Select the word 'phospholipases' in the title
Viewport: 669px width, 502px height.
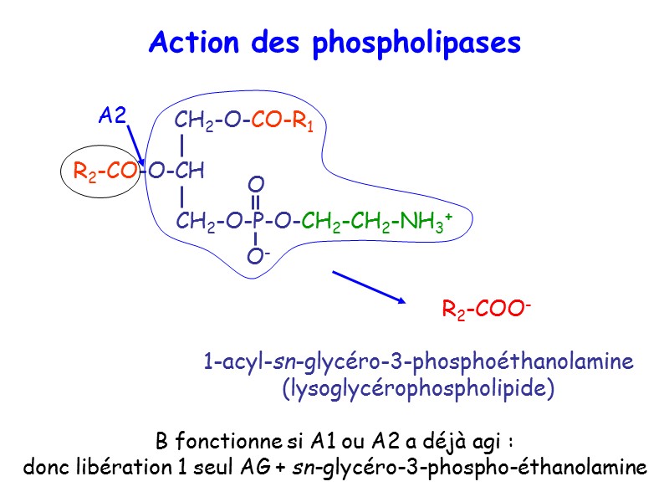[x=416, y=44]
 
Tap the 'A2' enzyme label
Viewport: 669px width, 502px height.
[x=111, y=115]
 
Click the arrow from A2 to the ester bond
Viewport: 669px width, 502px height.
[x=136, y=144]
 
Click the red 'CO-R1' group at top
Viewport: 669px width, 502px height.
[x=282, y=122]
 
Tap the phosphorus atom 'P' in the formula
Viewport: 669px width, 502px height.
[x=258, y=221]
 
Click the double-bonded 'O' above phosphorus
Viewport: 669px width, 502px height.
[x=256, y=183]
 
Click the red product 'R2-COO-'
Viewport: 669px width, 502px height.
[x=487, y=311]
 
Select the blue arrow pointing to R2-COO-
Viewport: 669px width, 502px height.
[x=369, y=286]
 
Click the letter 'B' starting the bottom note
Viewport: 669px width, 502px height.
[x=161, y=441]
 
